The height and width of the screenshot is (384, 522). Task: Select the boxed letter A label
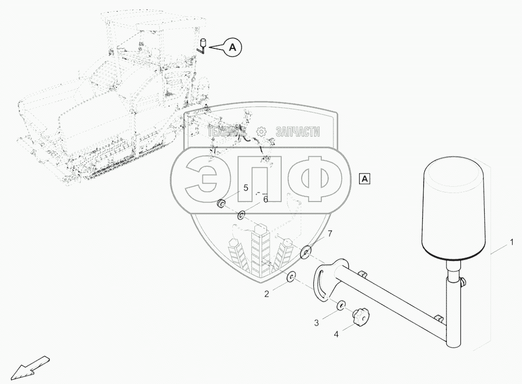click(365, 178)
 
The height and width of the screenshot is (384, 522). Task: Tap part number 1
click(510, 243)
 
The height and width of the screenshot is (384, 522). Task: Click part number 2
click(267, 294)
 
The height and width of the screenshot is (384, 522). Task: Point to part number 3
click(316, 322)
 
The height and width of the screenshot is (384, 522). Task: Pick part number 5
click(245, 187)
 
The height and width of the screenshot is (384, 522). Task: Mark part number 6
click(265, 200)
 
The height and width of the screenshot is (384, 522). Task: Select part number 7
click(330, 233)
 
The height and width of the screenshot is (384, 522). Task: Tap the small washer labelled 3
click(341, 305)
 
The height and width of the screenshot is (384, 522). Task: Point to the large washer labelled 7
click(305, 252)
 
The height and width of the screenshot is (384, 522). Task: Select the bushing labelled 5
click(223, 204)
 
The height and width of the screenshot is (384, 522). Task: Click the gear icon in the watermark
click(260, 132)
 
